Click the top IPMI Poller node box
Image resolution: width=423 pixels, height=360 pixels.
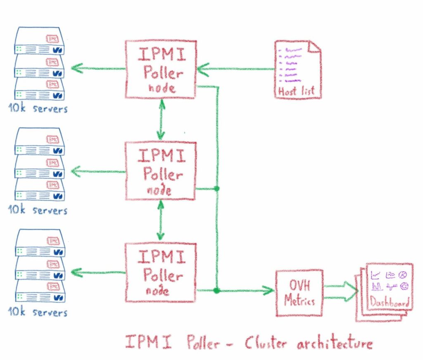pyautogui.click(x=160, y=69)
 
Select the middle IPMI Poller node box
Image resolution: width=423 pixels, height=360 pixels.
pyautogui.click(x=160, y=171)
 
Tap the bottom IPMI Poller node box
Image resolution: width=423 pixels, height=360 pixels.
pyautogui.click(x=160, y=271)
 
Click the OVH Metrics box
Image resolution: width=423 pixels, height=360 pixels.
pyautogui.click(x=299, y=292)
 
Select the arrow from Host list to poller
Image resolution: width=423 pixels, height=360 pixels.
pyautogui.click(x=235, y=69)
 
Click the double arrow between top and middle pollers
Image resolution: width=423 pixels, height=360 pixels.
pyautogui.click(x=161, y=120)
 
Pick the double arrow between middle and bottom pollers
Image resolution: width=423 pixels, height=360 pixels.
pyautogui.click(x=161, y=221)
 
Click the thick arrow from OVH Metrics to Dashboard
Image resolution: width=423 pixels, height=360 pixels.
pyautogui.click(x=341, y=291)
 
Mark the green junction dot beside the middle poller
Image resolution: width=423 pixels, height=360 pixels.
pyautogui.click(x=216, y=189)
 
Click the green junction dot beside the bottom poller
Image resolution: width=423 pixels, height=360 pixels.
pyautogui.click(x=216, y=291)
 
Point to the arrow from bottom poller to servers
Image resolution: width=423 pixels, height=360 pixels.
pyautogui.click(x=97, y=272)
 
